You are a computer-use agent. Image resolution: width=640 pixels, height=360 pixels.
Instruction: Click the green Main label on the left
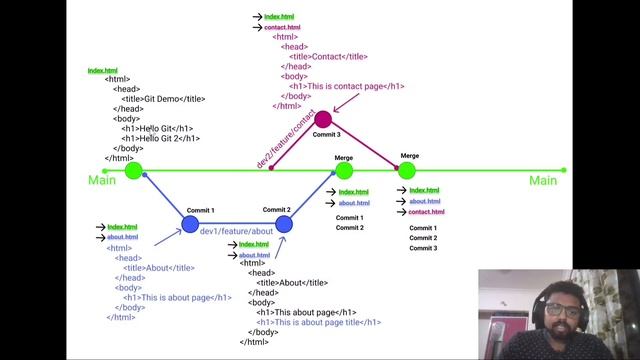(101, 180)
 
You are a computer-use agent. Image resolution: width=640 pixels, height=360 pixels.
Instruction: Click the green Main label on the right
(543, 180)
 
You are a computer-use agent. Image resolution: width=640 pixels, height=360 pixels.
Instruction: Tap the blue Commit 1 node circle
(190, 224)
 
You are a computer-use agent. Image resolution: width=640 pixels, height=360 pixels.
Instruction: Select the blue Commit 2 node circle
(284, 223)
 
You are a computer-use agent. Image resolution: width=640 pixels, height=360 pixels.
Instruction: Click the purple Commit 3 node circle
(322, 120)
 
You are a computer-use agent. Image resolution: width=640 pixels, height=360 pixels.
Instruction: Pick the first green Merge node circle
(344, 170)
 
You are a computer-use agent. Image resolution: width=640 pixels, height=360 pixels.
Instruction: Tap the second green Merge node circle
(406, 170)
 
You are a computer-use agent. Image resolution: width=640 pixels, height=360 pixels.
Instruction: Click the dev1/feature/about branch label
(236, 231)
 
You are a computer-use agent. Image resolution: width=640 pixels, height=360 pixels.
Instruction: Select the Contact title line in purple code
(327, 56)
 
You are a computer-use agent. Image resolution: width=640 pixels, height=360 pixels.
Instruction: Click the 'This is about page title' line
(319, 322)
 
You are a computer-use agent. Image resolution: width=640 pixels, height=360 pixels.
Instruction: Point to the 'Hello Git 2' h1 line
(158, 138)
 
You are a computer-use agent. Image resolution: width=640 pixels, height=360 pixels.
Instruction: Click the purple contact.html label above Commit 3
(282, 27)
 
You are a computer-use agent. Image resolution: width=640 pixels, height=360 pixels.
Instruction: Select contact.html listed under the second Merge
(426, 212)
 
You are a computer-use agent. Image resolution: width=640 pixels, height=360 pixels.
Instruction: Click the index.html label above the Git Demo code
(103, 70)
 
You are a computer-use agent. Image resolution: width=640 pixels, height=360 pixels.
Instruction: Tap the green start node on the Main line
(134, 170)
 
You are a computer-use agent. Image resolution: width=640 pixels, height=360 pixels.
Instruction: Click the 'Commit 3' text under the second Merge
(423, 248)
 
